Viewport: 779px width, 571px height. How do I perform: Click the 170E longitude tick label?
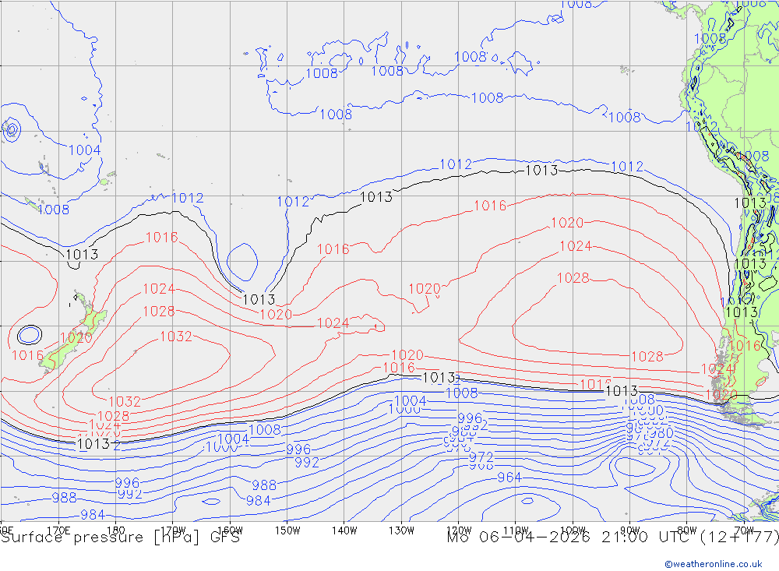[x=59, y=530]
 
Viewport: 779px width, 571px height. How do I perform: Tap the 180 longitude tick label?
[x=116, y=530]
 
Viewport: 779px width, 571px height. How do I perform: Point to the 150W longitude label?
[x=287, y=530]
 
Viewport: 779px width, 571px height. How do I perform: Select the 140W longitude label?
[x=344, y=530]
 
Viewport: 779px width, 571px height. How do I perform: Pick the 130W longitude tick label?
[x=401, y=530]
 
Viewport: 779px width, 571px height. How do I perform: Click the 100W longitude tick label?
[x=573, y=530]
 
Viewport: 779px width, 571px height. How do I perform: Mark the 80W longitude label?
[x=686, y=530]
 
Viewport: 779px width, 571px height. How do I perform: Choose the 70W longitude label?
[x=743, y=530]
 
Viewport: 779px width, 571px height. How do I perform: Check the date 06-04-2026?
[x=538, y=538]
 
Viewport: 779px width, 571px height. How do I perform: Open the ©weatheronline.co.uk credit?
[x=713, y=563]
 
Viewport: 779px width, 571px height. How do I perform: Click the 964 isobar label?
[x=509, y=478]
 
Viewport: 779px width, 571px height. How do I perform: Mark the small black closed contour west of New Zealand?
[x=30, y=335]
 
